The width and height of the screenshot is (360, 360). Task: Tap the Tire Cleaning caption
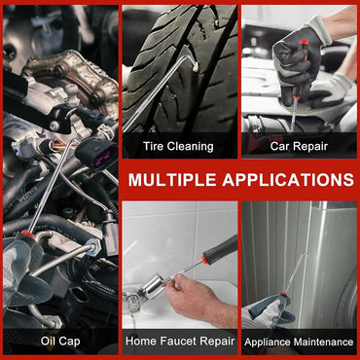tap(178, 146)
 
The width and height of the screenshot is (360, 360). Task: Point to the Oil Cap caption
tap(60, 341)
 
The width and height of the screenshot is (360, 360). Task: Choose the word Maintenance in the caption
tap(320, 342)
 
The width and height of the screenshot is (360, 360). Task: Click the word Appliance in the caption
tap(268, 342)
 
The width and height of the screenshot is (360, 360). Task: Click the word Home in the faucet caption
tap(144, 342)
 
